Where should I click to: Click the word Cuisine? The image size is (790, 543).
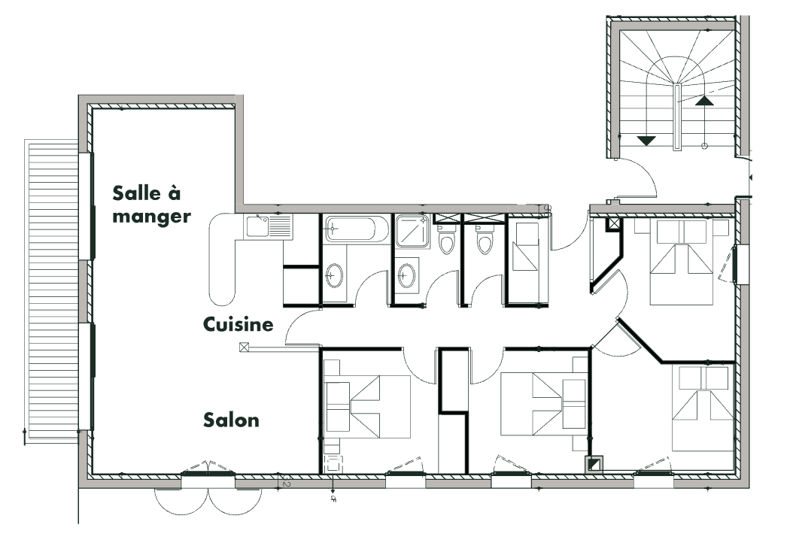click(x=239, y=324)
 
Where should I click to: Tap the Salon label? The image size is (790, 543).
click(x=231, y=420)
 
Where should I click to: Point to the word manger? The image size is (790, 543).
click(x=152, y=217)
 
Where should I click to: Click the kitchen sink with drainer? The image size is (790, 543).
click(x=269, y=226)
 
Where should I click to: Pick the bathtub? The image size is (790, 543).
click(x=356, y=229)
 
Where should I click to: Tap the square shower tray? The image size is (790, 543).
click(x=412, y=231)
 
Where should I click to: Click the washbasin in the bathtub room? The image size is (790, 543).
click(x=333, y=275)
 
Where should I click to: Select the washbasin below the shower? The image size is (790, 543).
click(x=406, y=275)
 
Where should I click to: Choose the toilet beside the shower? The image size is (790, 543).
click(x=446, y=240)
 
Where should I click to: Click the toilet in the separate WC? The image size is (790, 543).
click(x=485, y=240)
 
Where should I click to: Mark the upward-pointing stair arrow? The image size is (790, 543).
click(x=705, y=100)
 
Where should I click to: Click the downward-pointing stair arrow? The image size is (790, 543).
click(x=646, y=141)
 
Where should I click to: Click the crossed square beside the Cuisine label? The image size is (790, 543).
click(x=245, y=347)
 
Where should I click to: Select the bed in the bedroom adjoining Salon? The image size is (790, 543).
click(x=367, y=406)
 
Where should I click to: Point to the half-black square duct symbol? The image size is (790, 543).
click(x=594, y=463)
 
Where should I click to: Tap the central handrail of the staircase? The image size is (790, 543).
click(x=676, y=117)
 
